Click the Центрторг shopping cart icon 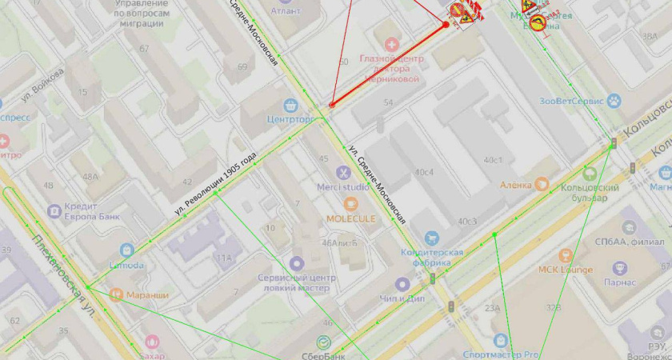pos(291,105)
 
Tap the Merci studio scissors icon pos(343,171)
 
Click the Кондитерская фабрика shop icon pos(432,238)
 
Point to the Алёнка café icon pos(543,185)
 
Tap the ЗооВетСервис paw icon pos(614,101)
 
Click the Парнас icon pos(621,267)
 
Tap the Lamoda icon pos(127,250)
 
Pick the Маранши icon pos(116,295)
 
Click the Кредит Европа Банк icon pos(54,211)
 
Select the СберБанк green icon pos(324,342)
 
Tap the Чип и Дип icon pos(402,284)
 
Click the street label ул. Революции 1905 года pos(217,183)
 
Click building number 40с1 pos(493,159)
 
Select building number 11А pos(223,258)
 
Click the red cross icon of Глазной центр pos(391,44)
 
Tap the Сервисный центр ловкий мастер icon pos(298,262)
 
